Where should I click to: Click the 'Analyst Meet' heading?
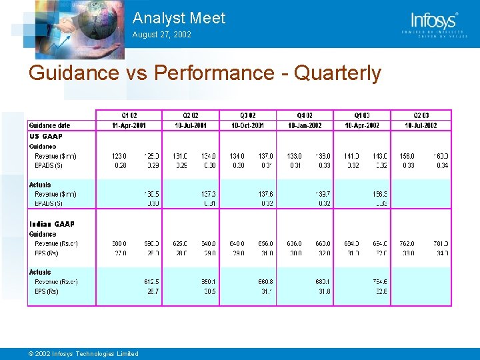coord(179,18)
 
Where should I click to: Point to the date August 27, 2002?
coord(161,34)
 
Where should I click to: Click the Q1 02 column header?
coord(129,115)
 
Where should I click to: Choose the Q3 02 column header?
coord(247,115)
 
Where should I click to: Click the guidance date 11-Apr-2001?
coord(129,125)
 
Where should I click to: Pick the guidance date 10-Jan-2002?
coord(305,125)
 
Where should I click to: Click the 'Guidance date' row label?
coord(49,125)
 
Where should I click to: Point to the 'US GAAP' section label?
coord(46,136)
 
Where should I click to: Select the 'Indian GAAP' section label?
coord(52,224)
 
